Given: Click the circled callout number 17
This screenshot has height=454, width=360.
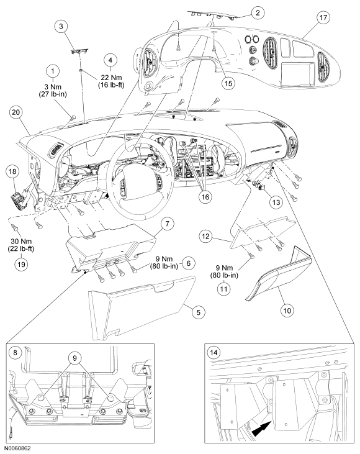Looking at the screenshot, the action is [323, 17].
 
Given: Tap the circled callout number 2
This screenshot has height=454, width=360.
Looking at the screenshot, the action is [258, 12].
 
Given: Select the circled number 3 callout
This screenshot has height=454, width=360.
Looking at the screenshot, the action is [61, 26].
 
